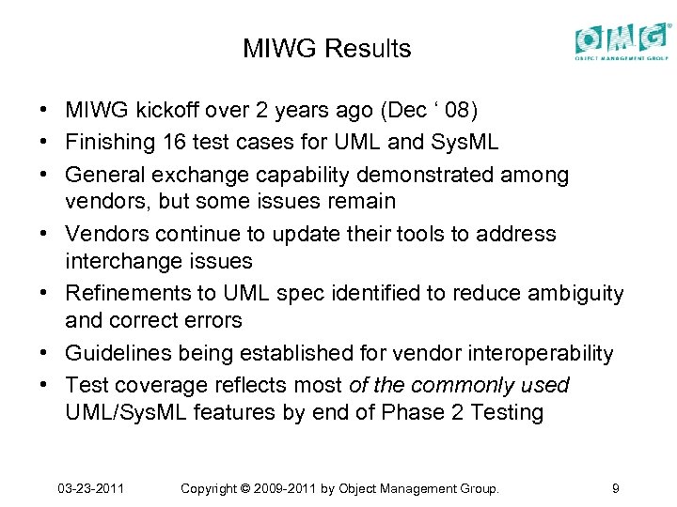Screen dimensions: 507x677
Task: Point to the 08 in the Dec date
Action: [x=461, y=112]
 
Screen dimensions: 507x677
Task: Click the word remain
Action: [x=364, y=201]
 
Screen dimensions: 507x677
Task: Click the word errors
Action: [x=212, y=319]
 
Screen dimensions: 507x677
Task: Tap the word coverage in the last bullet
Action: [x=160, y=386]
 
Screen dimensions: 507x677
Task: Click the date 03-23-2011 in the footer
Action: [x=91, y=488]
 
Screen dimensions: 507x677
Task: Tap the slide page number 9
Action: [x=615, y=488]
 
